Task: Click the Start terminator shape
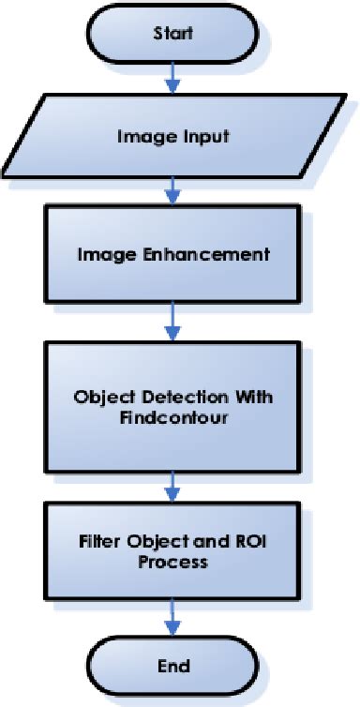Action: point(172,34)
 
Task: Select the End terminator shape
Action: point(172,668)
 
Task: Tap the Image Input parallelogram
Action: point(172,137)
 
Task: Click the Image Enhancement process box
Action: point(172,254)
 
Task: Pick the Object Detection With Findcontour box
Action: point(172,406)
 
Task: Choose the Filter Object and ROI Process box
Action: point(172,553)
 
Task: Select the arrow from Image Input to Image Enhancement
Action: point(172,192)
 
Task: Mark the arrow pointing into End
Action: point(172,620)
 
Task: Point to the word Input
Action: point(207,137)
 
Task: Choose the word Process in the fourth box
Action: point(172,564)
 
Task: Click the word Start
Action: point(172,34)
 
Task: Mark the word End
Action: point(172,668)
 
